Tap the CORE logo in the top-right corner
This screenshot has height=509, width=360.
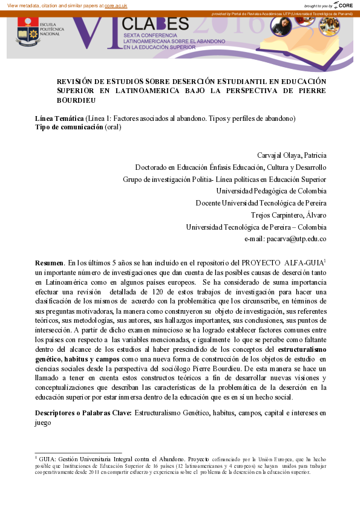tap(344, 5)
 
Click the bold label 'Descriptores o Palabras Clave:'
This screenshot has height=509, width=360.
tap(83, 413)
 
